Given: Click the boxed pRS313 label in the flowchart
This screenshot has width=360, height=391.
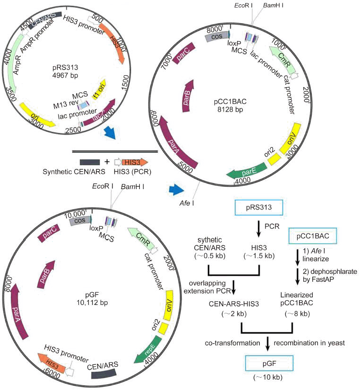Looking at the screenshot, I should coord(258,207).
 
